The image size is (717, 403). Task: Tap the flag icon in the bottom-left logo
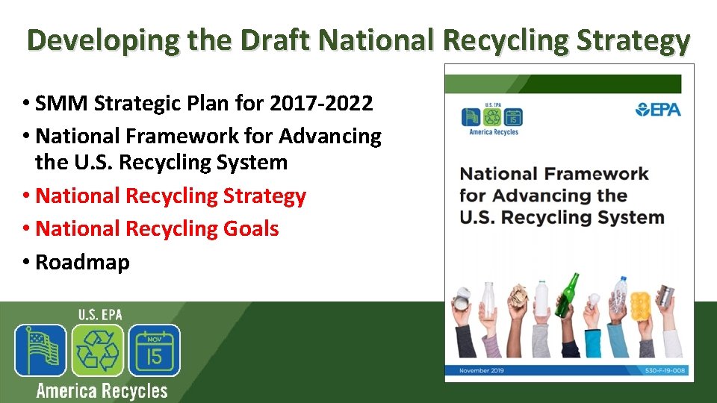(41, 350)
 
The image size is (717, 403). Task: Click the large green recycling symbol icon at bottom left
(97, 350)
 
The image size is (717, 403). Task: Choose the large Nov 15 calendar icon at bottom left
(154, 350)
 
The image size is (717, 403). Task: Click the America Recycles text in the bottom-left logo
(102, 390)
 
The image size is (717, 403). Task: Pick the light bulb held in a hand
(595, 300)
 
